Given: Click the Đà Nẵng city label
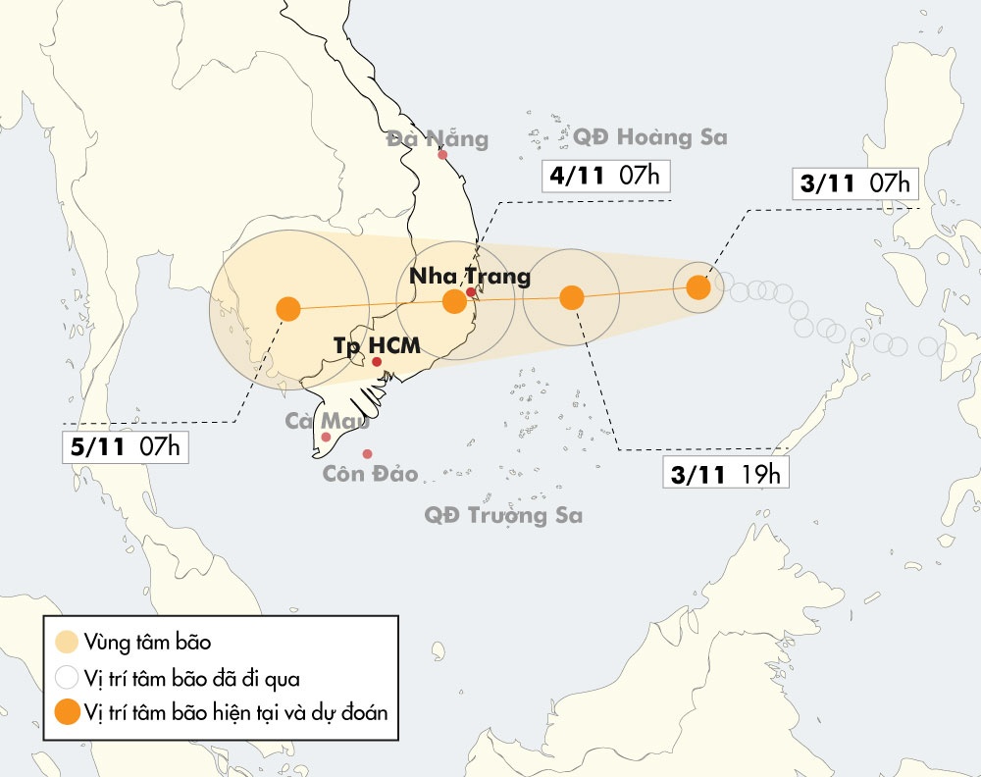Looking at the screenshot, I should click(437, 138).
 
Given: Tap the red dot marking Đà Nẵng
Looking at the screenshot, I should click(442, 154).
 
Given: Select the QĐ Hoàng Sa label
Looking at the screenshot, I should click(650, 137).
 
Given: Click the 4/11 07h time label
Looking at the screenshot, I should click(604, 177).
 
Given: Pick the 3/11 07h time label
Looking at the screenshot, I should click(854, 182).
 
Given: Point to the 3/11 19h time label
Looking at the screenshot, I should click(727, 475).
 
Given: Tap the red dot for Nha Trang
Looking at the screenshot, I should click(471, 291).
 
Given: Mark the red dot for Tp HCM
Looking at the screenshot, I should click(377, 362).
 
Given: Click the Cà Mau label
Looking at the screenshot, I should click(327, 421).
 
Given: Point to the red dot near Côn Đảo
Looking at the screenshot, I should click(367, 453).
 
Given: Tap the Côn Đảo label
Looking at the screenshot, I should click(371, 475).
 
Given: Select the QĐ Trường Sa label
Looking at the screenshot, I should click(503, 515).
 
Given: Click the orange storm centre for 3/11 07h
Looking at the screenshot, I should click(697, 287).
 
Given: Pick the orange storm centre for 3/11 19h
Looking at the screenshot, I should click(571, 297).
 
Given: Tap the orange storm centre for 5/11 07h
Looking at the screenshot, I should click(287, 309).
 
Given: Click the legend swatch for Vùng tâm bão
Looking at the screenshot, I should click(67, 643).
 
